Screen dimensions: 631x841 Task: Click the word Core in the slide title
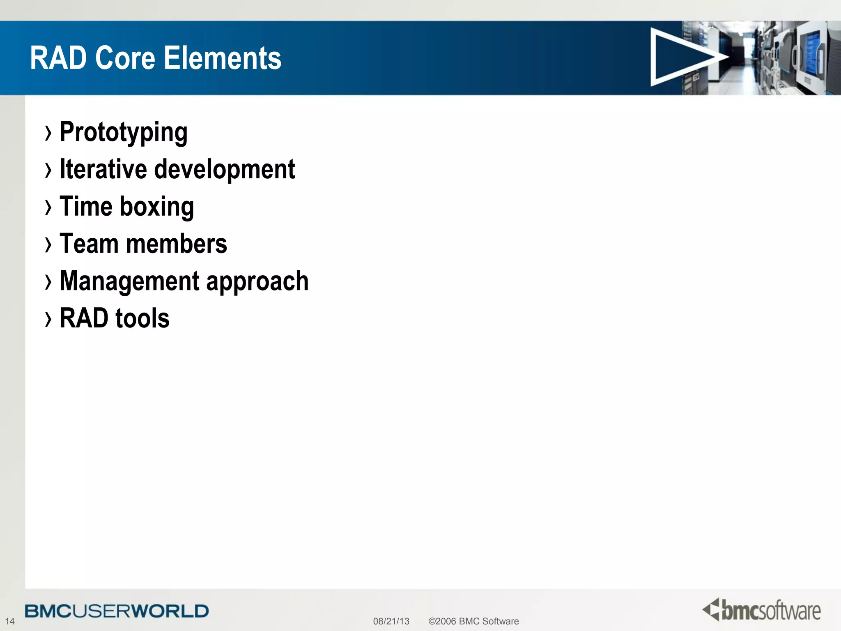tap(125, 58)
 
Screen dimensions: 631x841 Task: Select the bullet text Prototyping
tap(124, 132)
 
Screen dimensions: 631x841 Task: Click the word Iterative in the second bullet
tap(103, 169)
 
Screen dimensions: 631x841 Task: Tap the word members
tap(176, 244)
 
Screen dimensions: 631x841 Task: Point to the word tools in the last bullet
tap(142, 318)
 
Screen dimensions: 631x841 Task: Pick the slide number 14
tap(9, 621)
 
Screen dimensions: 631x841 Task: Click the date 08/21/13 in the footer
tap(391, 621)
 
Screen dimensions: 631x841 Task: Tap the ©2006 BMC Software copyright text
tap(473, 621)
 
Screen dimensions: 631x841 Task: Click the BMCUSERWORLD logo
tap(117, 611)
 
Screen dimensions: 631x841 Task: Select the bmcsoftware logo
tap(761, 610)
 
